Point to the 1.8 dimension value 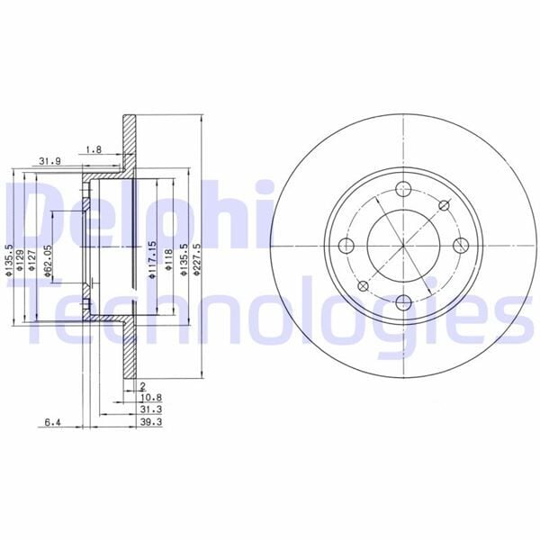click(x=92, y=148)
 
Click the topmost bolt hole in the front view click(x=403, y=189)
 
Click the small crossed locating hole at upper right click(x=443, y=206)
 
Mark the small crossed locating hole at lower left click(x=364, y=285)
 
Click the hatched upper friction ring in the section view click(x=130, y=145)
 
